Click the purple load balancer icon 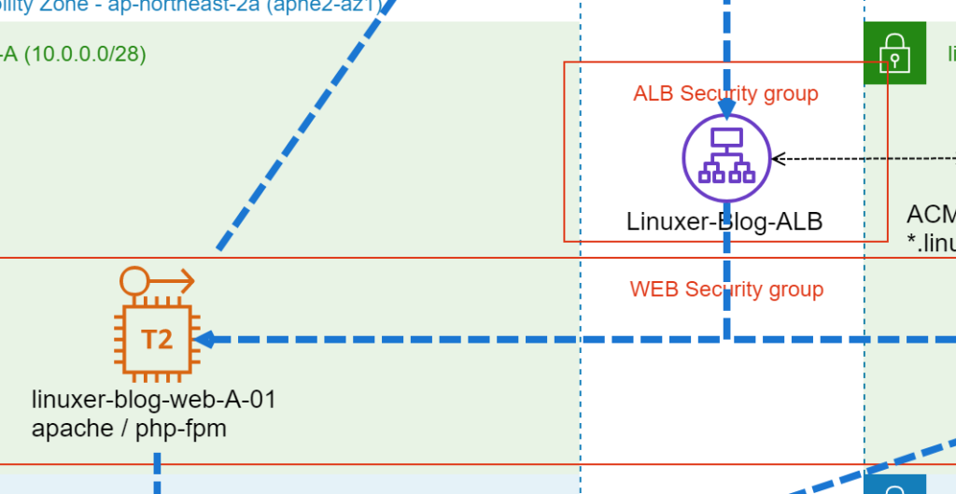(x=725, y=159)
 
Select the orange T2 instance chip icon (x=157, y=339)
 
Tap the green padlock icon (x=893, y=53)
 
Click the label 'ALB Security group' (x=725, y=93)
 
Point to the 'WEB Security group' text (x=726, y=289)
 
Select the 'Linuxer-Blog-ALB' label (x=724, y=221)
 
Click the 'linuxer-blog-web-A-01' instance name (x=154, y=401)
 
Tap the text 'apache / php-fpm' (x=129, y=429)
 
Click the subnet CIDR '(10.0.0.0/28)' (x=85, y=54)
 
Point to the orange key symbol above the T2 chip (x=157, y=279)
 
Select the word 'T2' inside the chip (x=157, y=339)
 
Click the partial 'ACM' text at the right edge (x=931, y=215)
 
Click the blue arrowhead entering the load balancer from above (x=726, y=110)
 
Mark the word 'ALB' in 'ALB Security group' (x=654, y=93)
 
